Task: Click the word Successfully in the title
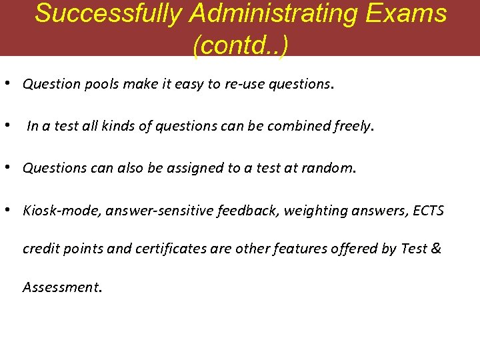pos(107,13)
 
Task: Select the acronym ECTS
pos(428,211)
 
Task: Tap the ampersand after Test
pos(436,249)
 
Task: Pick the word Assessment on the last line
pos(62,287)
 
